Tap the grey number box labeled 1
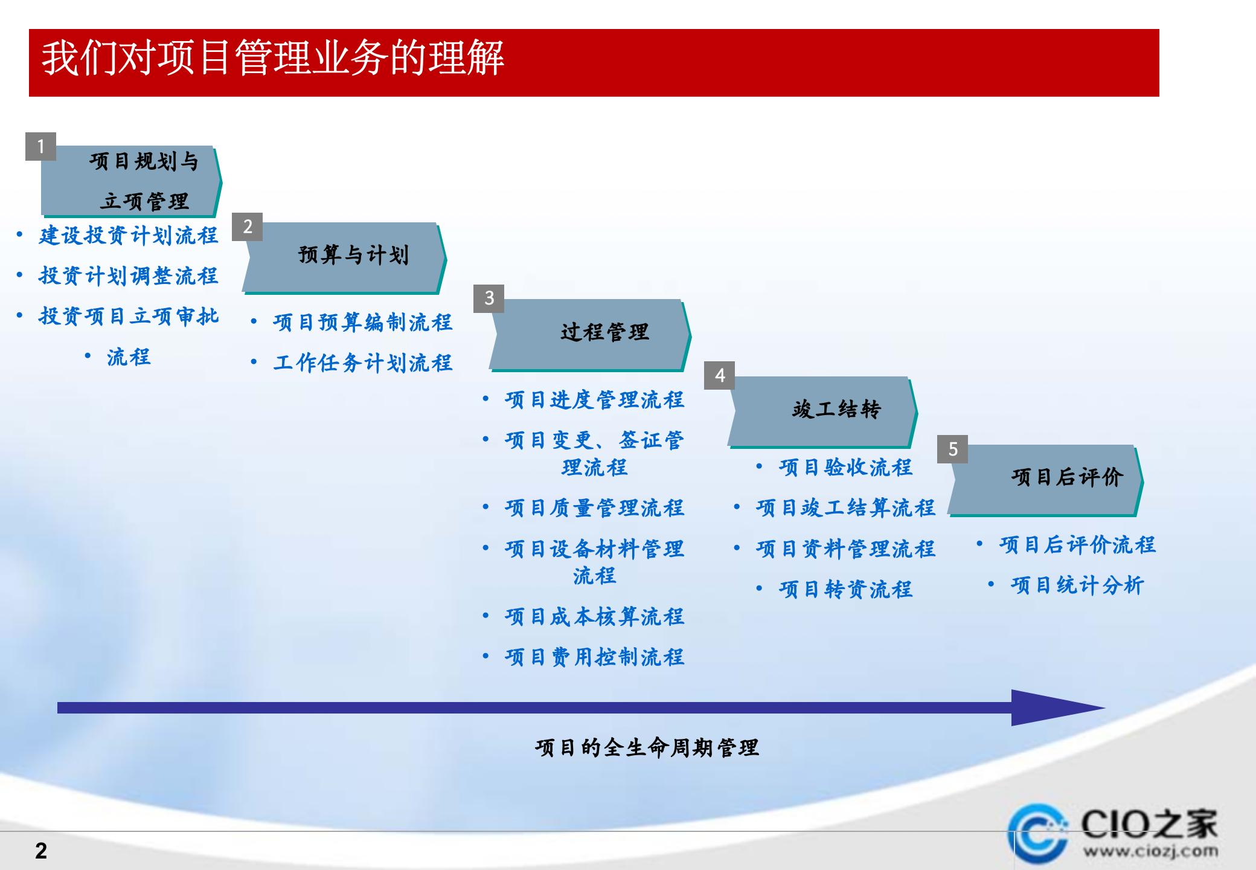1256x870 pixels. [40, 146]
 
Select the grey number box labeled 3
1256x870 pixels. [489, 298]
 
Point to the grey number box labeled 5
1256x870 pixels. [952, 449]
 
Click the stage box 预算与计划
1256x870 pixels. [353, 256]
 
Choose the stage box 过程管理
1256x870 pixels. [604, 332]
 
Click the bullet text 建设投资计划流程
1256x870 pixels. [128, 236]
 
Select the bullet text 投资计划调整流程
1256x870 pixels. [128, 276]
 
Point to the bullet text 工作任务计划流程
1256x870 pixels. [362, 363]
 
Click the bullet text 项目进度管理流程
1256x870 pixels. [594, 400]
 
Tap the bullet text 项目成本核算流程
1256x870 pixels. [594, 617]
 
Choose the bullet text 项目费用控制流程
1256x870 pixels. [594, 657]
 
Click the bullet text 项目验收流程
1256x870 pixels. [845, 468]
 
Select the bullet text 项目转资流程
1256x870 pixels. [845, 590]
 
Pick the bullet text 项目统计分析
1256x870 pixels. [1077, 585]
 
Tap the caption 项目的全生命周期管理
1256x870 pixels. [646, 748]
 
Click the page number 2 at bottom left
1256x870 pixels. [41, 851]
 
